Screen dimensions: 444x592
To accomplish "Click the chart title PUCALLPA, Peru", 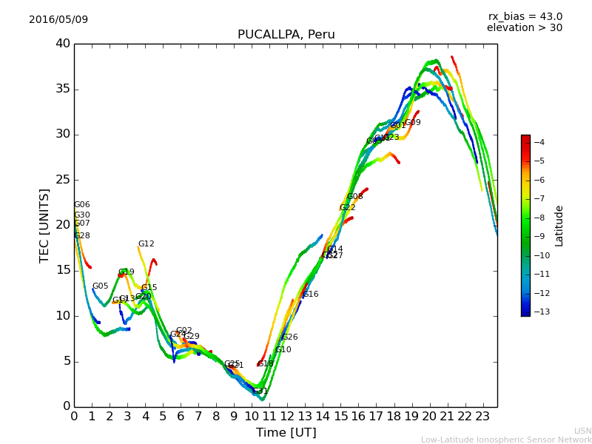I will tap(286, 35).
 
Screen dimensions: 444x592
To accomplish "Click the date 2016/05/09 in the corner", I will tap(58, 19).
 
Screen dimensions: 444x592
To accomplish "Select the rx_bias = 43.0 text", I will tap(525, 16).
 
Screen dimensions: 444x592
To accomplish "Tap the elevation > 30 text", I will tap(524, 28).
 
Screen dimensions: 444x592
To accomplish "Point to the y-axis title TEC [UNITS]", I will tap(44, 225).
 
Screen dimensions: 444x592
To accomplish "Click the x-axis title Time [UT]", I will tap(286, 433).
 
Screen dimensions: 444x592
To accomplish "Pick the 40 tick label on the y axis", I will tap(62, 44).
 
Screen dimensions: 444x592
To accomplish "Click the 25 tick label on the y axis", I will tap(62, 180).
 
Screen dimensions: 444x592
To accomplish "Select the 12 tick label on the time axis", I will tap(287, 416).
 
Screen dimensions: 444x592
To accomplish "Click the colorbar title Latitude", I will tap(559, 226).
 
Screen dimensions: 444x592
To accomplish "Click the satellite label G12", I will tap(146, 244).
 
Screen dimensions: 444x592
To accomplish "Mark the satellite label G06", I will tap(81, 205).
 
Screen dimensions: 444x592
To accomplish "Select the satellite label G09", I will tap(412, 123).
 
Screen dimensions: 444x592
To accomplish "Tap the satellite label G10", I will tap(283, 350).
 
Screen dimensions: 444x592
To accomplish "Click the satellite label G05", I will tap(100, 286).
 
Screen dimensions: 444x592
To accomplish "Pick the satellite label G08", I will tap(354, 197).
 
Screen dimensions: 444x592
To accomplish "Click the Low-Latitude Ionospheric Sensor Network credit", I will tap(506, 440).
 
